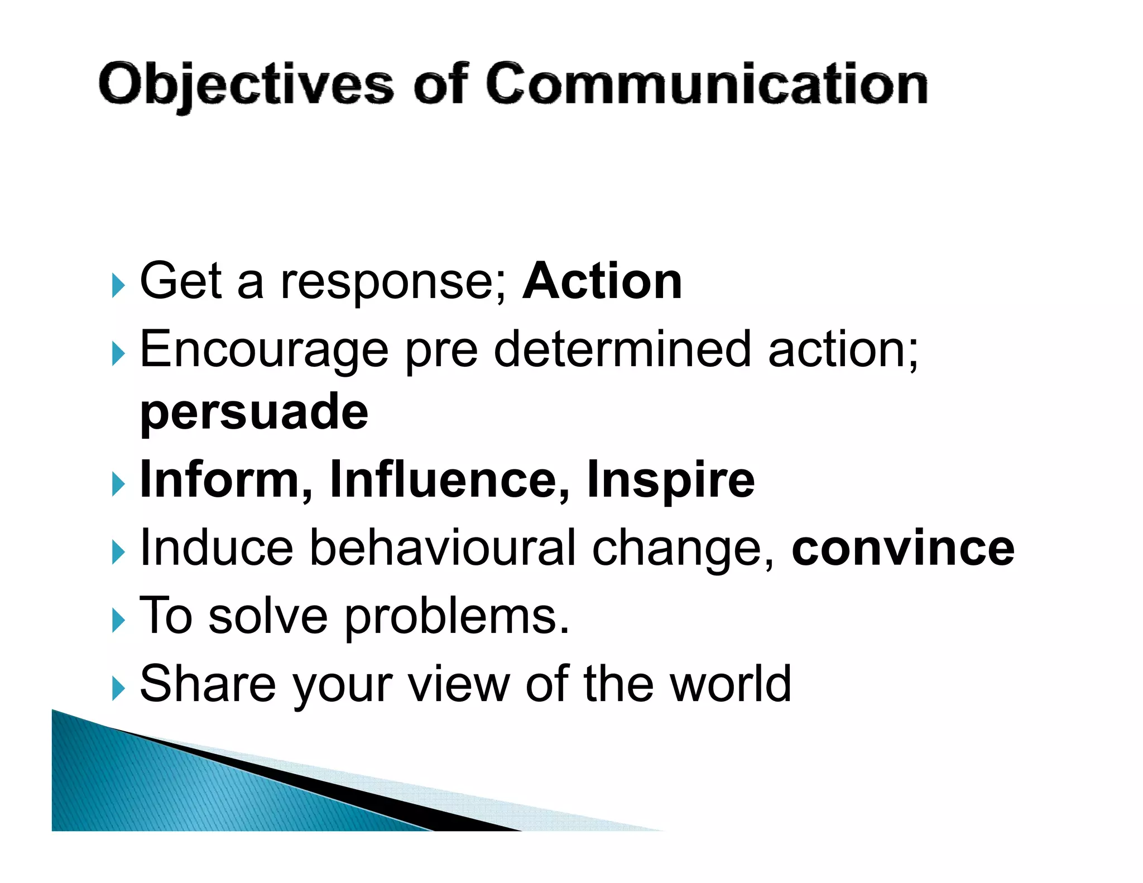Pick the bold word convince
click(x=902, y=548)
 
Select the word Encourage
click(x=263, y=351)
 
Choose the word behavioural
click(x=443, y=548)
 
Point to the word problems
click(x=457, y=618)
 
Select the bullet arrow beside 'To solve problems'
click(x=118, y=621)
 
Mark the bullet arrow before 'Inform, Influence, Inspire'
click(x=118, y=484)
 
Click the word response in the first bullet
click(x=393, y=282)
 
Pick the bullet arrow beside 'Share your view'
click(x=118, y=689)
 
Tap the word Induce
click(x=217, y=548)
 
